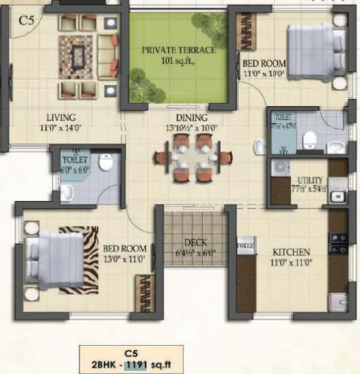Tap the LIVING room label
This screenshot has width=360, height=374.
pos(61,116)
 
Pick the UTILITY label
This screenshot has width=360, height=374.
pos(310,179)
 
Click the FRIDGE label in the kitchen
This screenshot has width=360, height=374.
pos(245,241)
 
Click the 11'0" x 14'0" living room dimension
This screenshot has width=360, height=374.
pos(62,126)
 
